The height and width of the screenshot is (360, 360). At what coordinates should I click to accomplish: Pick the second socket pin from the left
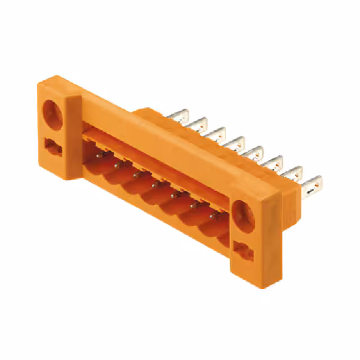117,164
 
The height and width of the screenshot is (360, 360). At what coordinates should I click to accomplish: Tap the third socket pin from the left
136,174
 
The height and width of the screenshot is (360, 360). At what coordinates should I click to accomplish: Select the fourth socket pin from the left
154,184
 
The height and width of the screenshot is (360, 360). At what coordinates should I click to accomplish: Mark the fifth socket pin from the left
173,195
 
